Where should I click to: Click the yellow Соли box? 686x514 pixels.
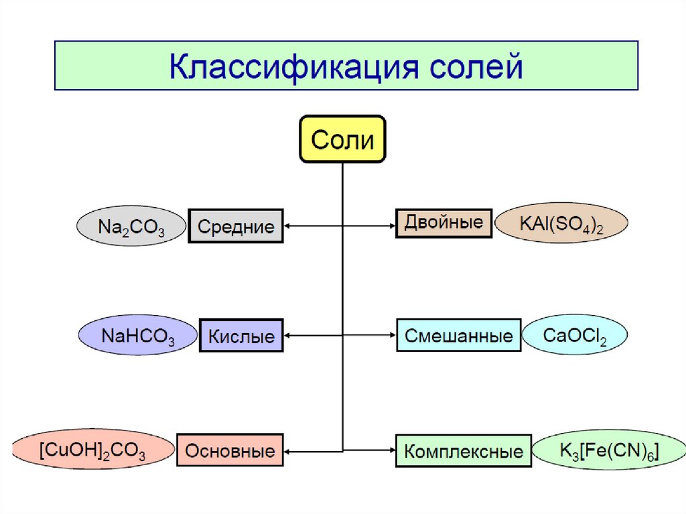click(x=342, y=139)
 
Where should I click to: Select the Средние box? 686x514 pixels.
click(x=236, y=226)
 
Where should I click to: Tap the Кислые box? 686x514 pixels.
click(x=241, y=336)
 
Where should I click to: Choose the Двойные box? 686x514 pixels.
click(x=444, y=223)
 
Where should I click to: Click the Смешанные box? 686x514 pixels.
click(x=458, y=336)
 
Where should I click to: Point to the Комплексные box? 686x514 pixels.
click(x=464, y=451)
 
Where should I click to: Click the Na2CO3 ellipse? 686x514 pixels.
click(x=131, y=226)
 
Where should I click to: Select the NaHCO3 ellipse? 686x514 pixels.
click(x=138, y=335)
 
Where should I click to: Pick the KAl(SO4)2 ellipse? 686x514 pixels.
click(x=562, y=223)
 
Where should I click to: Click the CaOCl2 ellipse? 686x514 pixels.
click(x=575, y=336)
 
